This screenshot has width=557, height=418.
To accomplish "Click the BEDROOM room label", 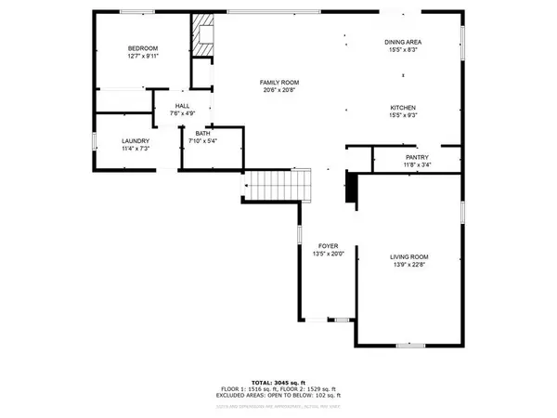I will [143, 48].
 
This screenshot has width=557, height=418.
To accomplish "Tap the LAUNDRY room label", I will [136, 140].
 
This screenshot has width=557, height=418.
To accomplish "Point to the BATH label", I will [201, 134].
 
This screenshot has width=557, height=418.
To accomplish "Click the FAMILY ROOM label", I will [278, 84].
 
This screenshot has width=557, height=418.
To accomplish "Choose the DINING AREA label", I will [405, 43].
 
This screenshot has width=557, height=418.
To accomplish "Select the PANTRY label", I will [417, 158].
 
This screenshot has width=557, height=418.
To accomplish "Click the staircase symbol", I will [276, 185].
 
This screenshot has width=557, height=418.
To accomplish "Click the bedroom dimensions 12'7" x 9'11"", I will [143, 56].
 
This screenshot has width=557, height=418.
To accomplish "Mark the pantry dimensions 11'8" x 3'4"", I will [417, 166].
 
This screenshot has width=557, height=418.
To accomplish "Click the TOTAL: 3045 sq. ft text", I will [278, 382].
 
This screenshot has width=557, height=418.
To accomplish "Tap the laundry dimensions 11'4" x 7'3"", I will [136, 148].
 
